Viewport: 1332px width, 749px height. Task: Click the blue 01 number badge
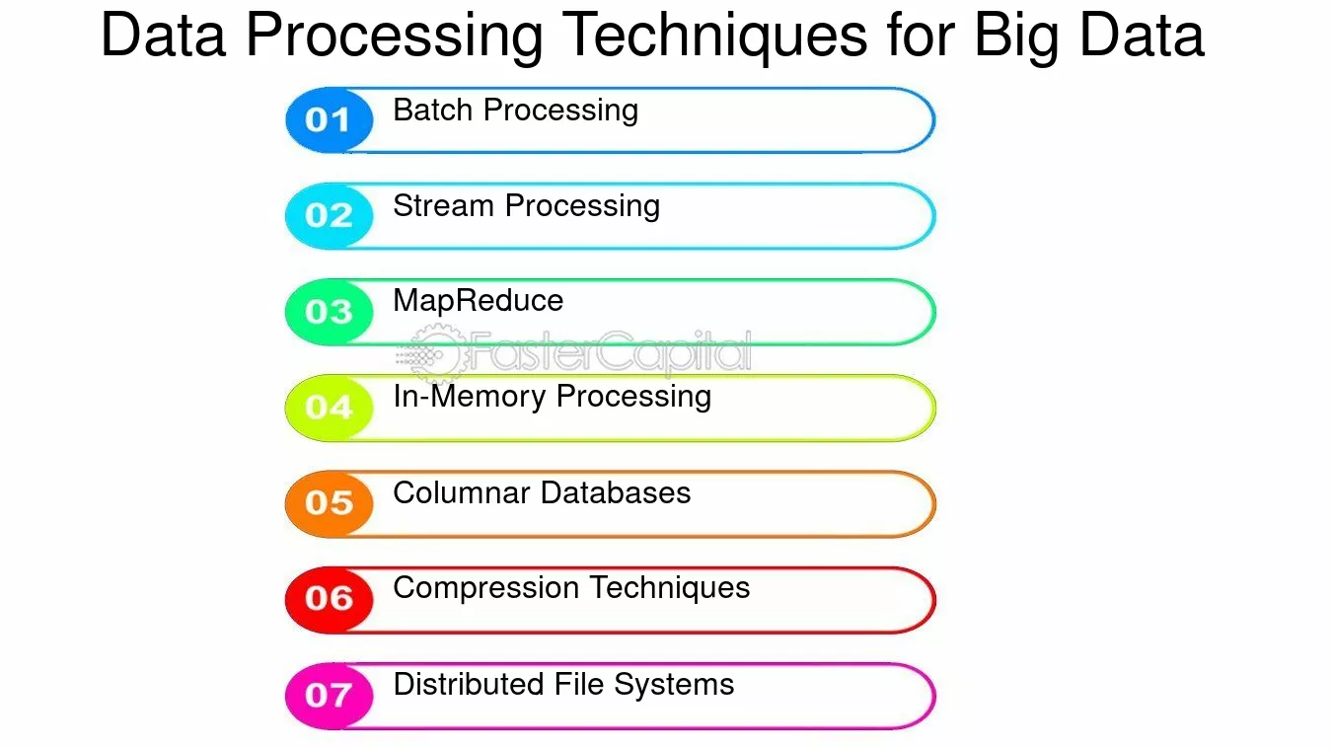pos(329,120)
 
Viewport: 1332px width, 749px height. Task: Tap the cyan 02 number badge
pos(329,216)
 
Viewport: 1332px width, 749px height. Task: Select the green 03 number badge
pos(329,312)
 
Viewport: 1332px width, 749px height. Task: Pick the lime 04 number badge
pos(329,409)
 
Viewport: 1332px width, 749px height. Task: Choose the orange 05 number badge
pos(329,504)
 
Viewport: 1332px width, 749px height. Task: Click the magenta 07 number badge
pos(329,696)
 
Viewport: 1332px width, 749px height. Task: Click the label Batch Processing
pos(516,112)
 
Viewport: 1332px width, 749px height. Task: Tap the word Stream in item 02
pos(444,206)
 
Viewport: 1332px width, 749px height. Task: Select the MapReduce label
pos(479,301)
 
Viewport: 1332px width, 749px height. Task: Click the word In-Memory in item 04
pos(470,398)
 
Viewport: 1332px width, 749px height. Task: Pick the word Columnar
pos(462,492)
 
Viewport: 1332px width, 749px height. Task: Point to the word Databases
pos(616,492)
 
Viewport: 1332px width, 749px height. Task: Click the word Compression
pos(485,589)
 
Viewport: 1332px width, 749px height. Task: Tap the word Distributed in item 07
pos(469,684)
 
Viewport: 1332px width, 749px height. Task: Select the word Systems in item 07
pos(674,685)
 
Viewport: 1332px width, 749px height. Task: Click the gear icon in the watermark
pos(438,353)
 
